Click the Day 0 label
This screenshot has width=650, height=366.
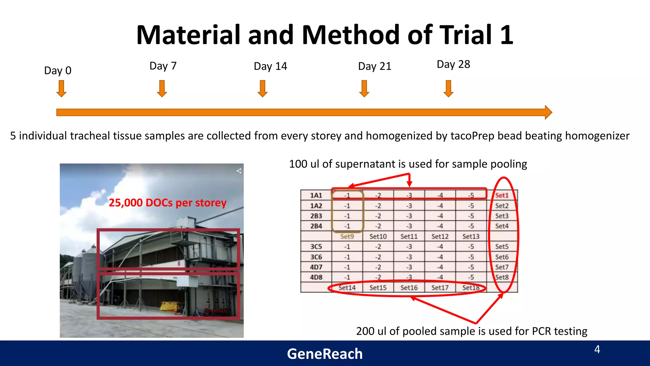pyautogui.click(x=58, y=71)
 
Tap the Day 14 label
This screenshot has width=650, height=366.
pyautogui.click(x=270, y=66)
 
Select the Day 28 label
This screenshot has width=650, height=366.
pyautogui.click(x=453, y=64)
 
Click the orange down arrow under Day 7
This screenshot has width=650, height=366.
pyautogui.click(x=162, y=88)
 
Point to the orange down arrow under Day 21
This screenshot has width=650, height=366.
pyautogui.click(x=364, y=88)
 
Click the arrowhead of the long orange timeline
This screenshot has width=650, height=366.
pyautogui.click(x=548, y=112)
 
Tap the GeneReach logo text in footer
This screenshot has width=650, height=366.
pyautogui.click(x=325, y=354)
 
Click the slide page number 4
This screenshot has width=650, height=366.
pyautogui.click(x=597, y=349)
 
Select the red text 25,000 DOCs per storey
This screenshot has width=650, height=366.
pyautogui.click(x=168, y=203)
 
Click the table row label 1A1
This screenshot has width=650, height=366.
pyautogui.click(x=316, y=195)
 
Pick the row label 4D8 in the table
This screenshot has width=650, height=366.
pyautogui.click(x=316, y=277)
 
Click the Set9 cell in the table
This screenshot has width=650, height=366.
pyautogui.click(x=347, y=236)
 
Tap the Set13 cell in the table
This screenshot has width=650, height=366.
pyautogui.click(x=471, y=236)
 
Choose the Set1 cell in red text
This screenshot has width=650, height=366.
pyautogui.click(x=502, y=195)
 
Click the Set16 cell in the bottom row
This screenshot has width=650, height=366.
pyautogui.click(x=409, y=288)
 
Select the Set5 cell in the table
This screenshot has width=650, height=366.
pyautogui.click(x=502, y=247)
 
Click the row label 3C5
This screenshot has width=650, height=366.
pyautogui.click(x=316, y=247)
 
